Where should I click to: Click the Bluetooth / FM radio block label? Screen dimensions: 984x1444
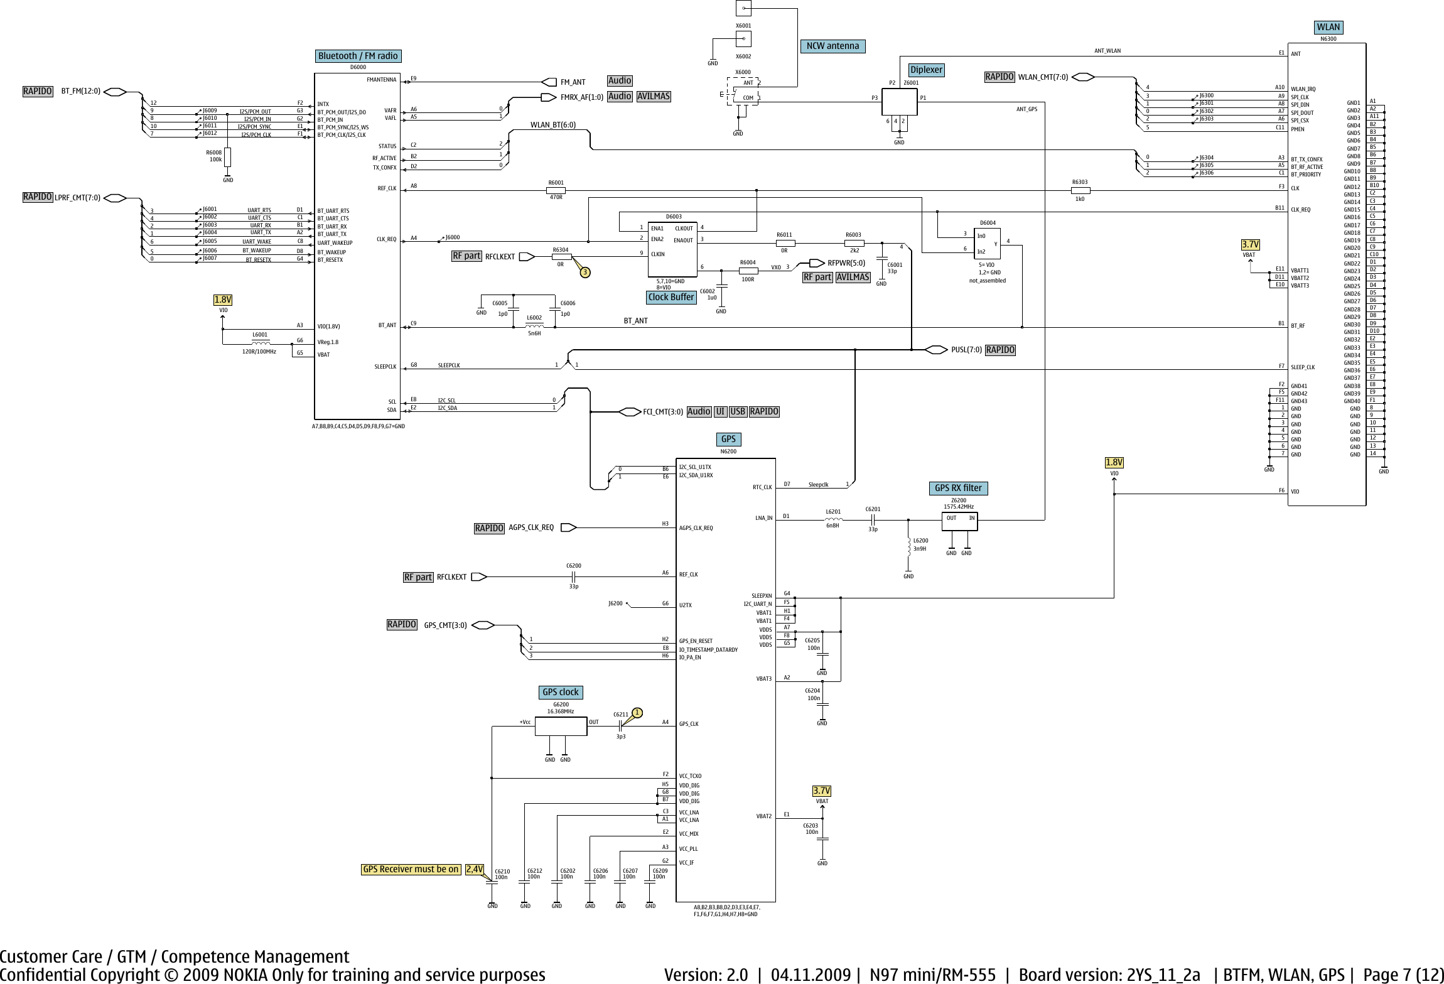(x=358, y=56)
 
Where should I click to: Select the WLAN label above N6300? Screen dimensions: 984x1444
(x=1328, y=27)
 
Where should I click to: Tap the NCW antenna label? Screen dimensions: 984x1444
(x=832, y=46)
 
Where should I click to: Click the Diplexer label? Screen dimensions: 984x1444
(x=927, y=70)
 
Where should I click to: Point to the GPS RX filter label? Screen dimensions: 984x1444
(x=957, y=488)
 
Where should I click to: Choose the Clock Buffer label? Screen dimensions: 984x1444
(x=671, y=297)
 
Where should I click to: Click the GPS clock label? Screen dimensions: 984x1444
(x=560, y=692)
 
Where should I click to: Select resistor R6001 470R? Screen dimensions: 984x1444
(x=556, y=190)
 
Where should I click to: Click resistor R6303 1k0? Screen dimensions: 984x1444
(x=1080, y=190)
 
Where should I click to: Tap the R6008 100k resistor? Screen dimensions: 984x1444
(x=227, y=157)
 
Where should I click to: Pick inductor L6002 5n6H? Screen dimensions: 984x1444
(x=534, y=327)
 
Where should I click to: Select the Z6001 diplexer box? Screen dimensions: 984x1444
(x=900, y=102)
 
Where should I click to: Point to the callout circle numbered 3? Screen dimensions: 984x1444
(x=585, y=272)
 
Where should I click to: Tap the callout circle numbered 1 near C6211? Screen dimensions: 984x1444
(x=637, y=712)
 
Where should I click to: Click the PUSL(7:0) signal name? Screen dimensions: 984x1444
(x=966, y=350)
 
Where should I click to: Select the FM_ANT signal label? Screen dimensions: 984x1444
(x=573, y=82)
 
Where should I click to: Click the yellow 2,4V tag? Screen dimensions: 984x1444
(x=474, y=869)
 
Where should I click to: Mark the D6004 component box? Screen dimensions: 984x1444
(x=988, y=244)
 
